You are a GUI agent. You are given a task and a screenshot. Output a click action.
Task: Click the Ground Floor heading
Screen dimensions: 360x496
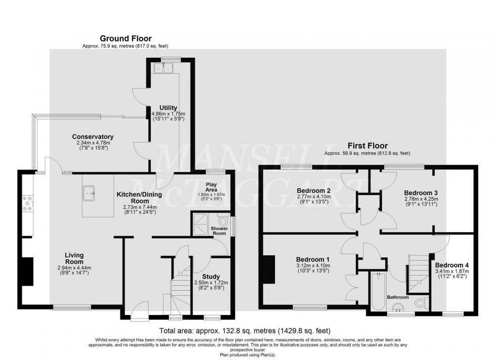pos(126,38)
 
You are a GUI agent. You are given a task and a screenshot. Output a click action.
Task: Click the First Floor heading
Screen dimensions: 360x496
pos(367,146)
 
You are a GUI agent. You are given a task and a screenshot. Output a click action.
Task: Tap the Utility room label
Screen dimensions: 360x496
pos(168,108)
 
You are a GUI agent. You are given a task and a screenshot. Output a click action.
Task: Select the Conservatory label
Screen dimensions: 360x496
pos(93,137)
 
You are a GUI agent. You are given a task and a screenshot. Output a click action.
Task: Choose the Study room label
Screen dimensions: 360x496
pos(211,277)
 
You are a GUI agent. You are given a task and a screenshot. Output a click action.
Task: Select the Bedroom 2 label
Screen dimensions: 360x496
pos(314,191)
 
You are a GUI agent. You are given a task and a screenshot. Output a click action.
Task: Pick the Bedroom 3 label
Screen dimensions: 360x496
pos(421,193)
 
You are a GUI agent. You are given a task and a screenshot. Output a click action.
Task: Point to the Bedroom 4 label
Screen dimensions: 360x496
pos(451,265)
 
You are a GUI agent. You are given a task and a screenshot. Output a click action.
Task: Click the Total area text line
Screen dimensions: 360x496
pos(247,331)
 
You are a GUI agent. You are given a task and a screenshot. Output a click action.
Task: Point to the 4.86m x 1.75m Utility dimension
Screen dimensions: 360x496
pos(169,114)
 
